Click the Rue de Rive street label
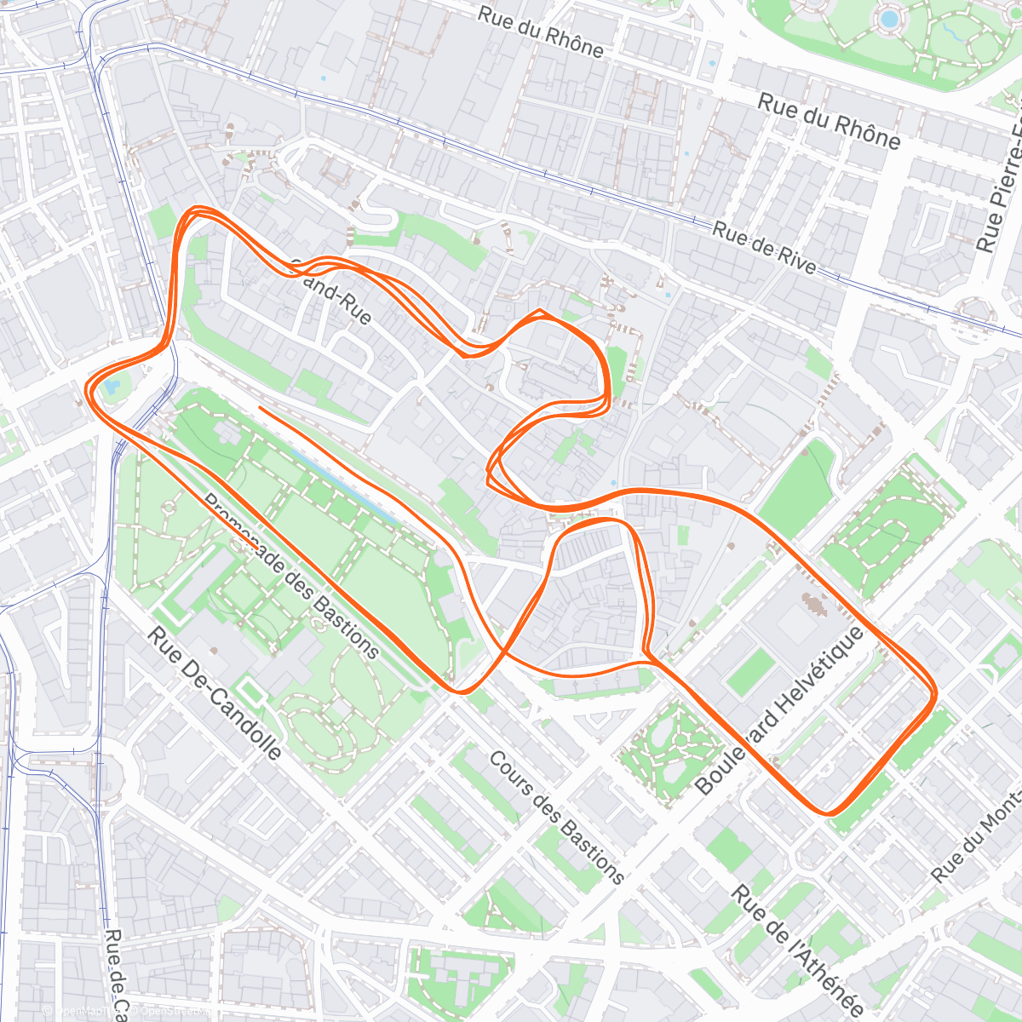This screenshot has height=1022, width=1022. click(x=764, y=248)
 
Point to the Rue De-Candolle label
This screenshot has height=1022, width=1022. click(x=214, y=694)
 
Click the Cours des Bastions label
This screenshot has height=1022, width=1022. click(x=556, y=817)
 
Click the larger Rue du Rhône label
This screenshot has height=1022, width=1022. click(x=828, y=122)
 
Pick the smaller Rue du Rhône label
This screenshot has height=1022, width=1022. click(x=541, y=32)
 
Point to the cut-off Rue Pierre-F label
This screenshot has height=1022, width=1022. click(x=1002, y=187)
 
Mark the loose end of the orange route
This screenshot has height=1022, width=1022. click(x=259, y=408)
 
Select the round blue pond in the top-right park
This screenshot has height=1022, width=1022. click(x=888, y=17)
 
